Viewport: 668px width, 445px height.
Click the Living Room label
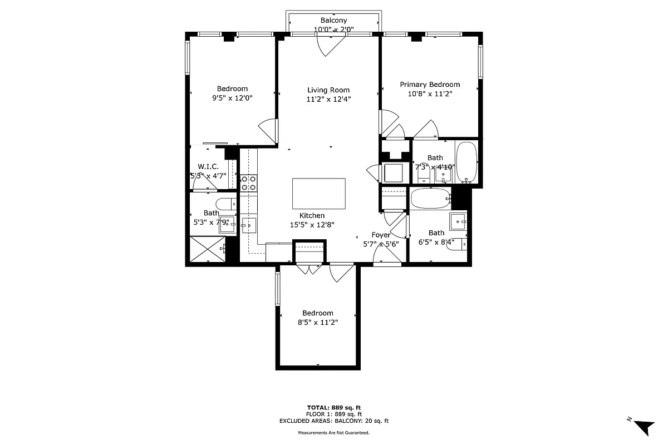(x=328, y=90)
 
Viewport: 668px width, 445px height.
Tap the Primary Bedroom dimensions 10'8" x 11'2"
(x=430, y=94)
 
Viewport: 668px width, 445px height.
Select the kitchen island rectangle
(x=319, y=193)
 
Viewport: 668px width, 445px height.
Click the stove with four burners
(x=248, y=183)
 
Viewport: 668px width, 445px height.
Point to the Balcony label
(x=333, y=21)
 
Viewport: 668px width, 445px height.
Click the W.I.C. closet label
(x=208, y=166)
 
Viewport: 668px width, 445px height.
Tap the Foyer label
(x=381, y=235)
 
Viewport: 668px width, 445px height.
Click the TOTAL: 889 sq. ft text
(x=333, y=407)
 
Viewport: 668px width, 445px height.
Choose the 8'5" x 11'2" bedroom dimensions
(x=317, y=322)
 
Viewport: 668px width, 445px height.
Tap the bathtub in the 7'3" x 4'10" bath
(x=466, y=162)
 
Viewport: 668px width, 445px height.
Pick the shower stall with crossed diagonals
(x=207, y=250)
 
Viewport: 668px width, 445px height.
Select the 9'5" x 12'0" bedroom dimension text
(x=232, y=98)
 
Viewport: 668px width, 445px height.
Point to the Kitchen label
(x=312, y=216)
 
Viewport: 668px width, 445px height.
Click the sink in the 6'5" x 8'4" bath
(x=459, y=221)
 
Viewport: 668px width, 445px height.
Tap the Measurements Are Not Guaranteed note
(x=333, y=432)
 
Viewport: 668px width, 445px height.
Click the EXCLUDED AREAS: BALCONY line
(x=333, y=421)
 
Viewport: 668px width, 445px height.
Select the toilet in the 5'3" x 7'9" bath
(x=225, y=204)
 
